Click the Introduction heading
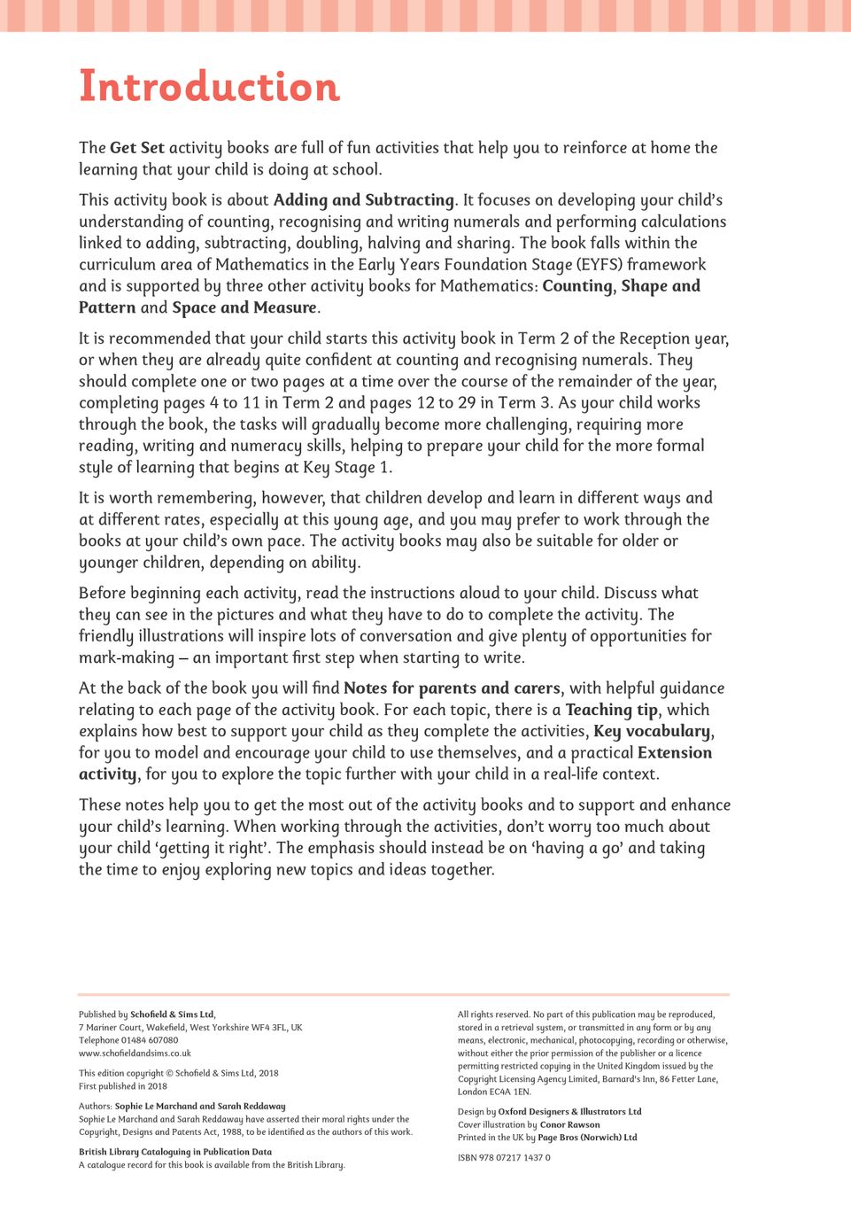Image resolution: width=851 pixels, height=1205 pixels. (209, 87)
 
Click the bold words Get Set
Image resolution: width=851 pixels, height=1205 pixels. (137, 148)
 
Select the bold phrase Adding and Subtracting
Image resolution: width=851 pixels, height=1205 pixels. (363, 200)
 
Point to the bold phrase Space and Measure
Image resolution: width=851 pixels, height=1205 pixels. (244, 307)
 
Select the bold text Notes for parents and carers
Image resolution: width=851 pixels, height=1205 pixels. (452, 688)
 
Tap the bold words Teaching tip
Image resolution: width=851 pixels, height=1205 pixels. (612, 710)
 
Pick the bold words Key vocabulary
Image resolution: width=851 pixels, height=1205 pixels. (652, 731)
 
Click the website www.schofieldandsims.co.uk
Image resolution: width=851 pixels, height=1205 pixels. (135, 1053)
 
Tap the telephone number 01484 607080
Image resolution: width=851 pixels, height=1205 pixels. (150, 1040)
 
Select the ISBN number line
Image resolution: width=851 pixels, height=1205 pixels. (504, 1157)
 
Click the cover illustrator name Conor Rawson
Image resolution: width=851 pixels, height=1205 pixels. (569, 1124)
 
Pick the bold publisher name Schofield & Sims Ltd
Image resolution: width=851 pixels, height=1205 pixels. (172, 1015)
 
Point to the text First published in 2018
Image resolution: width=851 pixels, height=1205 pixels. (123, 1086)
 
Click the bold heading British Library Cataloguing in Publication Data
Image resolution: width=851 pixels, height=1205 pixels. (175, 1152)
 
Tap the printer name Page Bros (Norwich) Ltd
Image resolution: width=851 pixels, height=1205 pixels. (587, 1138)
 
